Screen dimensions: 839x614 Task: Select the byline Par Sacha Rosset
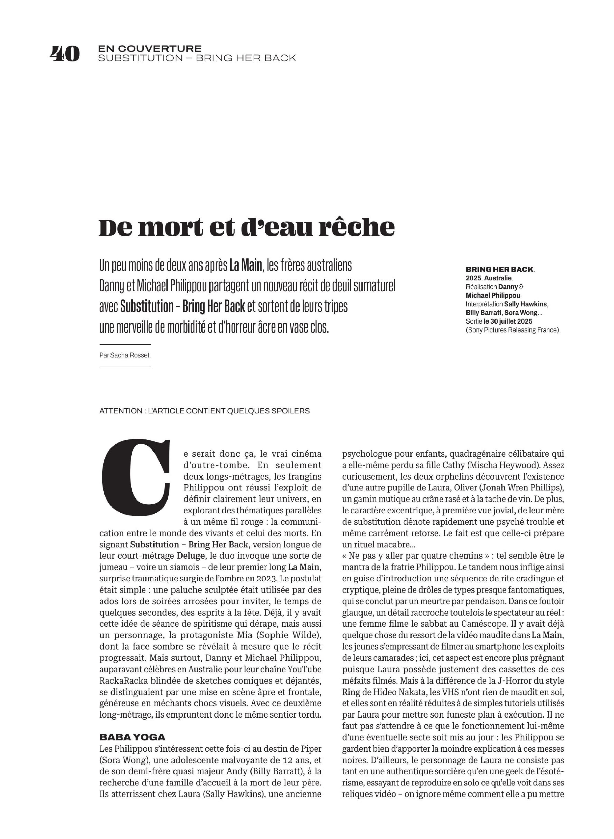pos(125,355)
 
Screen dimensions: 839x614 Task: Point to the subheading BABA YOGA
pos(132,737)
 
